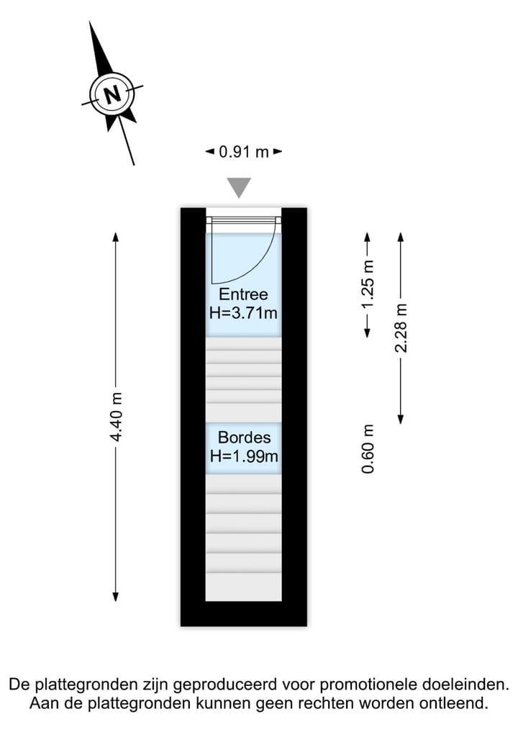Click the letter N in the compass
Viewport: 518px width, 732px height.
click(x=112, y=95)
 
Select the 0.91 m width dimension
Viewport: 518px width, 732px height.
click(x=244, y=152)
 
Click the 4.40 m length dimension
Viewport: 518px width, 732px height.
click(x=116, y=417)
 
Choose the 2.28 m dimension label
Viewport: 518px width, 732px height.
click(x=401, y=327)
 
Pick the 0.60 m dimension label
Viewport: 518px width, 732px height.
click(x=368, y=448)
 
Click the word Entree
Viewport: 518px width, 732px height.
click(x=244, y=294)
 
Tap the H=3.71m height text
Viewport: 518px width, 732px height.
click(x=244, y=312)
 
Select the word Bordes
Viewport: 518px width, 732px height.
click(x=244, y=438)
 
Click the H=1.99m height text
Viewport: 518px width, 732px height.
click(x=244, y=456)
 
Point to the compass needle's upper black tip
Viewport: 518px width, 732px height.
click(x=90, y=22)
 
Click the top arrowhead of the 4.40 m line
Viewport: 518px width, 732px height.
click(x=116, y=237)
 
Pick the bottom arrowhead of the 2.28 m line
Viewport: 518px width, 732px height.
click(x=401, y=419)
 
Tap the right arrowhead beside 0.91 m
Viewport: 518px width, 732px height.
click(x=278, y=151)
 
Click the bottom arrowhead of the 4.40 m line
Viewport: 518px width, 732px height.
click(x=116, y=597)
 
